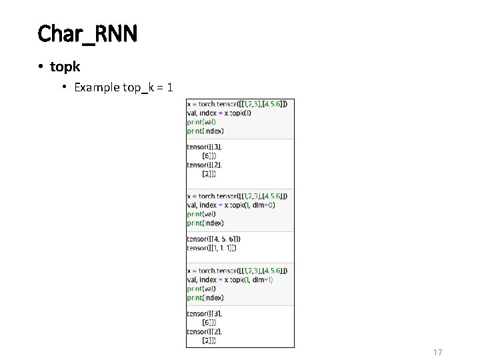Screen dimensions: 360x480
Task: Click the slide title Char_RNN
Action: click(x=87, y=33)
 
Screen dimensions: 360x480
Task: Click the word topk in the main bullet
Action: click(x=65, y=67)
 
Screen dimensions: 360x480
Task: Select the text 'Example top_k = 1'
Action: click(x=123, y=87)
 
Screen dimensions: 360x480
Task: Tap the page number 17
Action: click(x=438, y=352)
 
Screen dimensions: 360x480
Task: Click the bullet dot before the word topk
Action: click(x=41, y=67)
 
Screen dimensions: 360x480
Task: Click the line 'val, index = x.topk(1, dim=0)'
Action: click(x=231, y=205)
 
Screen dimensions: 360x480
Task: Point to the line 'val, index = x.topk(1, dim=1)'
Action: click(x=231, y=280)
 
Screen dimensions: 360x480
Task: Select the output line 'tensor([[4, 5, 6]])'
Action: click(x=214, y=239)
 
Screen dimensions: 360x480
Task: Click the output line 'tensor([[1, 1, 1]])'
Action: click(x=212, y=248)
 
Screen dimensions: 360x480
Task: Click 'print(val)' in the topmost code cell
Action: click(x=201, y=122)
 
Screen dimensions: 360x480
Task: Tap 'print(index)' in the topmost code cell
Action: click(x=205, y=131)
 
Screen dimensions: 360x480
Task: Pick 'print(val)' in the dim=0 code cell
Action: click(x=201, y=215)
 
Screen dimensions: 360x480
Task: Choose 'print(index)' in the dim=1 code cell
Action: click(x=205, y=298)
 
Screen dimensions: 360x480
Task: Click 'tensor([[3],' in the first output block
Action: click(x=205, y=147)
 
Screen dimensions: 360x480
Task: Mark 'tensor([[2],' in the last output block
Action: click(x=205, y=331)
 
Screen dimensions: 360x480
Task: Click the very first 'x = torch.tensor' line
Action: click(x=237, y=104)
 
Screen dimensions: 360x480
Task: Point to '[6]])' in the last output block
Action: click(x=209, y=323)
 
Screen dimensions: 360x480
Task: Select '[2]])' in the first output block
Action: click(x=209, y=174)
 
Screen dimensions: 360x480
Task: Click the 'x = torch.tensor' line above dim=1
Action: click(x=237, y=271)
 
